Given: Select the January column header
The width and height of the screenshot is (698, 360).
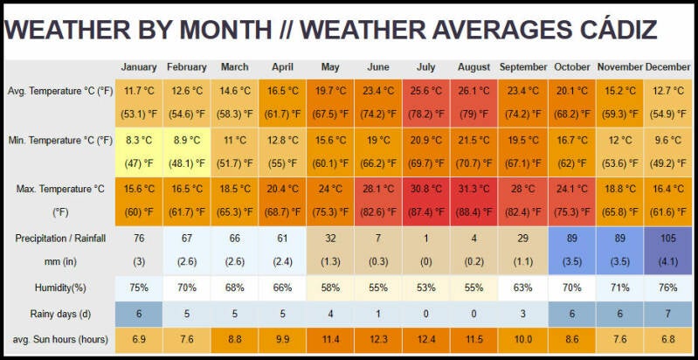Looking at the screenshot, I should click(x=139, y=67).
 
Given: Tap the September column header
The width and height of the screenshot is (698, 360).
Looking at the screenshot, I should click(x=523, y=67).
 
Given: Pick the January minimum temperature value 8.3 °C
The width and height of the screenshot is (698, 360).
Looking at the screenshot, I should click(x=139, y=140).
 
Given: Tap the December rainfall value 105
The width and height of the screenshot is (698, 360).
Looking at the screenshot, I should click(x=667, y=239).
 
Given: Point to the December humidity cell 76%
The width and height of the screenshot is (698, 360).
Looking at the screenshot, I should click(x=667, y=288).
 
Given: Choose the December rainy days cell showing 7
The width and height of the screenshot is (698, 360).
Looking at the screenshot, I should click(x=667, y=314).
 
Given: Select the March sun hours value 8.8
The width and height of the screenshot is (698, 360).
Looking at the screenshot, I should click(x=235, y=339).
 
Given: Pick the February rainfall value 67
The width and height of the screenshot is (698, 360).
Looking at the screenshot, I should click(x=187, y=239).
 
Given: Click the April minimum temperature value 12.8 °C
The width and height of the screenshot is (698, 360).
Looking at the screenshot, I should click(x=283, y=140).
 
